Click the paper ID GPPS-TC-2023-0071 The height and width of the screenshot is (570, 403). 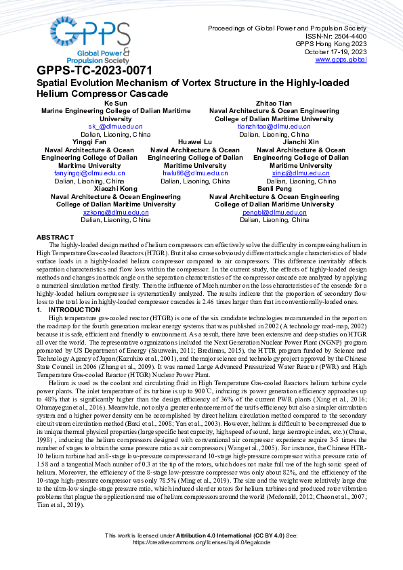pyautogui.click(x=94, y=70)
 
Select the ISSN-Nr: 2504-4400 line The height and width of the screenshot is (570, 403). pyautogui.click(x=337, y=36)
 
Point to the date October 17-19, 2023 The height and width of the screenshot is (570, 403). pyautogui.click(x=335, y=51)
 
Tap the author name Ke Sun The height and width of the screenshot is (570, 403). pyautogui.click(x=115, y=103)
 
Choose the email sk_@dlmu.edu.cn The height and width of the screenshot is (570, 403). pyautogui.click(x=115, y=127)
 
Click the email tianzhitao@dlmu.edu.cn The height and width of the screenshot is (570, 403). pyautogui.click(x=274, y=127)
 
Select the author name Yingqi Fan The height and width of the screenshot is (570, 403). pyautogui.click(x=89, y=142)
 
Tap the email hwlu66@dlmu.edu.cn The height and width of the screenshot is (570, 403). pyautogui.click(x=195, y=173)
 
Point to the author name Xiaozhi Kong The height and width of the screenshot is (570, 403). pyautogui.click(x=116, y=189)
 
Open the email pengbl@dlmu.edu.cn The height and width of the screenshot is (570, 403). pyautogui.click(x=274, y=212)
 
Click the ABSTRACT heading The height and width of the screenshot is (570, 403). pyautogui.click(x=55, y=237)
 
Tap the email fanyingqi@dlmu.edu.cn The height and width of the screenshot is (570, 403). pyautogui.click(x=89, y=173)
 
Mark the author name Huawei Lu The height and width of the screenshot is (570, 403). pyautogui.click(x=195, y=142)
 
